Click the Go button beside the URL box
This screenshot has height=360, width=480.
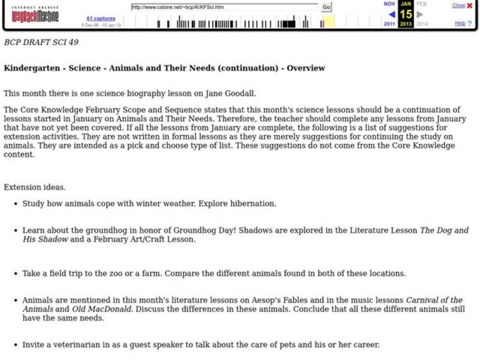(x=326, y=7)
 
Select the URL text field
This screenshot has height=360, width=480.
(x=225, y=7)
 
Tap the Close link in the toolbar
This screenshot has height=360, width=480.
(x=458, y=5)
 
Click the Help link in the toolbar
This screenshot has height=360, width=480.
(x=460, y=23)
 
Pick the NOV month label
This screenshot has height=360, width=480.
(x=389, y=4)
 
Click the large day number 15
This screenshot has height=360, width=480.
(x=406, y=14)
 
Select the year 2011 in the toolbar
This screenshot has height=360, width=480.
(x=389, y=24)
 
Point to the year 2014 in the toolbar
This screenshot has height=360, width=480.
(x=422, y=24)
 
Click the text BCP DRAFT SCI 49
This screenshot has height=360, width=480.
(x=41, y=43)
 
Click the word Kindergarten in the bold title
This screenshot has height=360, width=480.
(x=30, y=68)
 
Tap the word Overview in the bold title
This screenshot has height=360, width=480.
(x=305, y=68)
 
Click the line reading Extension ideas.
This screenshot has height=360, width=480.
(x=34, y=187)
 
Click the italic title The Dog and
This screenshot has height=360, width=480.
(x=444, y=230)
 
